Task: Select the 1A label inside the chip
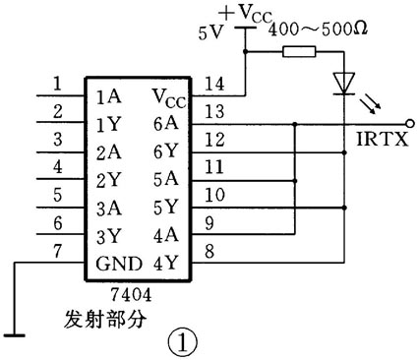pos(110,98)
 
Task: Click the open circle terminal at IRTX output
pos(409,125)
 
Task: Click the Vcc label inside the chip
pos(167,96)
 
